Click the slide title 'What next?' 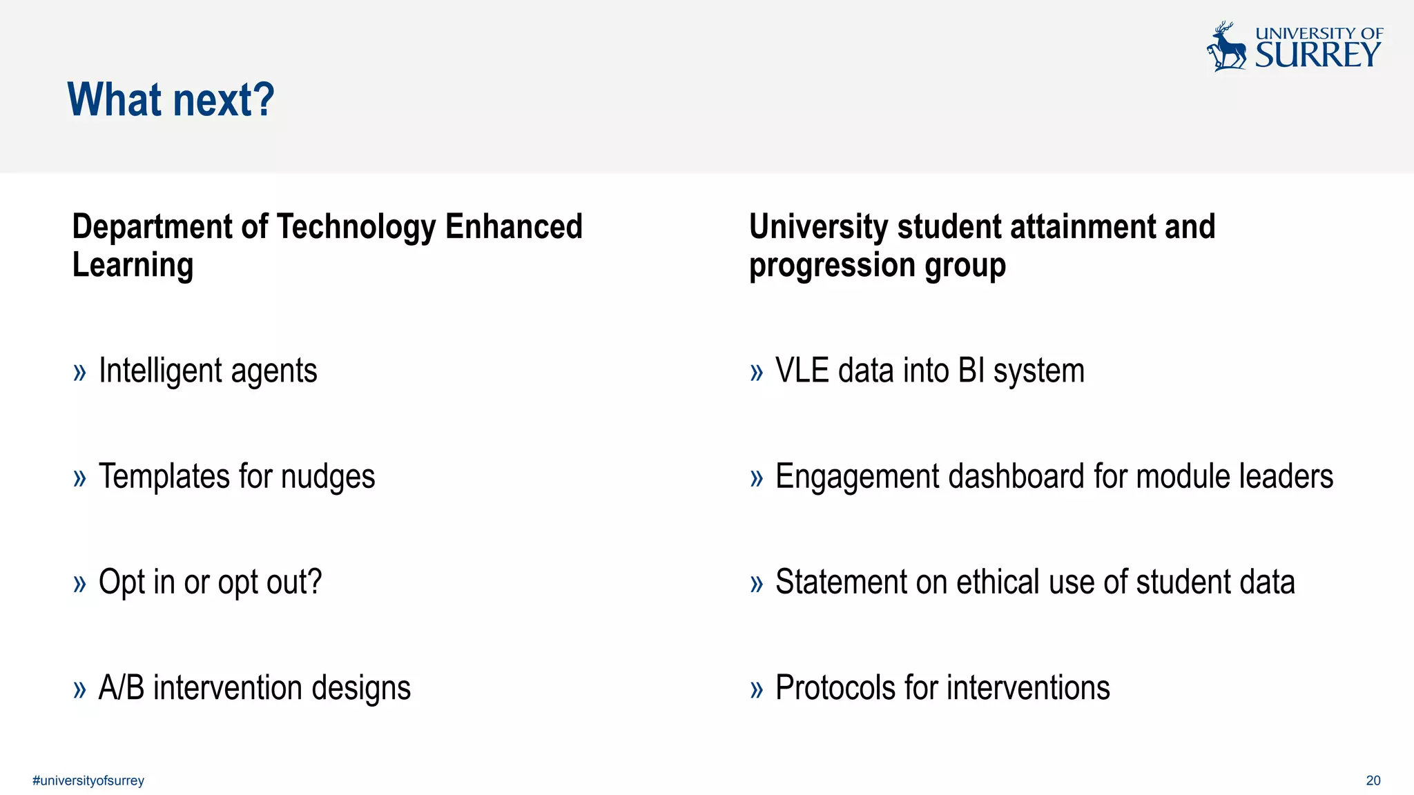click(171, 99)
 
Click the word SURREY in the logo click(1317, 55)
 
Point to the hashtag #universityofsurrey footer click(88, 781)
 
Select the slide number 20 click(1373, 781)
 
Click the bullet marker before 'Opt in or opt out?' click(79, 583)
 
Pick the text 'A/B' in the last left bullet click(122, 687)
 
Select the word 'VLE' click(802, 371)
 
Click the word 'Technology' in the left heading click(356, 227)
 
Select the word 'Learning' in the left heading click(133, 265)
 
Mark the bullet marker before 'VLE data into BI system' click(757, 373)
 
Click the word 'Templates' click(164, 477)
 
